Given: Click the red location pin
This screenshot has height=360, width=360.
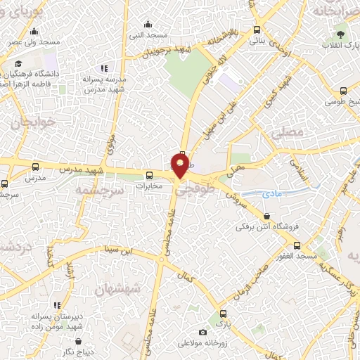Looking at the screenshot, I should [x=180, y=166].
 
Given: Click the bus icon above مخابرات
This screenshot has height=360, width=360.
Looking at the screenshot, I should [x=148, y=176].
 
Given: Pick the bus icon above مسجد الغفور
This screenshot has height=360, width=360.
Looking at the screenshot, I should [x=298, y=245].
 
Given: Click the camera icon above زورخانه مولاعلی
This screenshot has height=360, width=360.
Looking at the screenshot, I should [x=203, y=332].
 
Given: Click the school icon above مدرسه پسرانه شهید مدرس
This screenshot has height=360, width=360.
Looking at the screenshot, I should [x=104, y=68].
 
